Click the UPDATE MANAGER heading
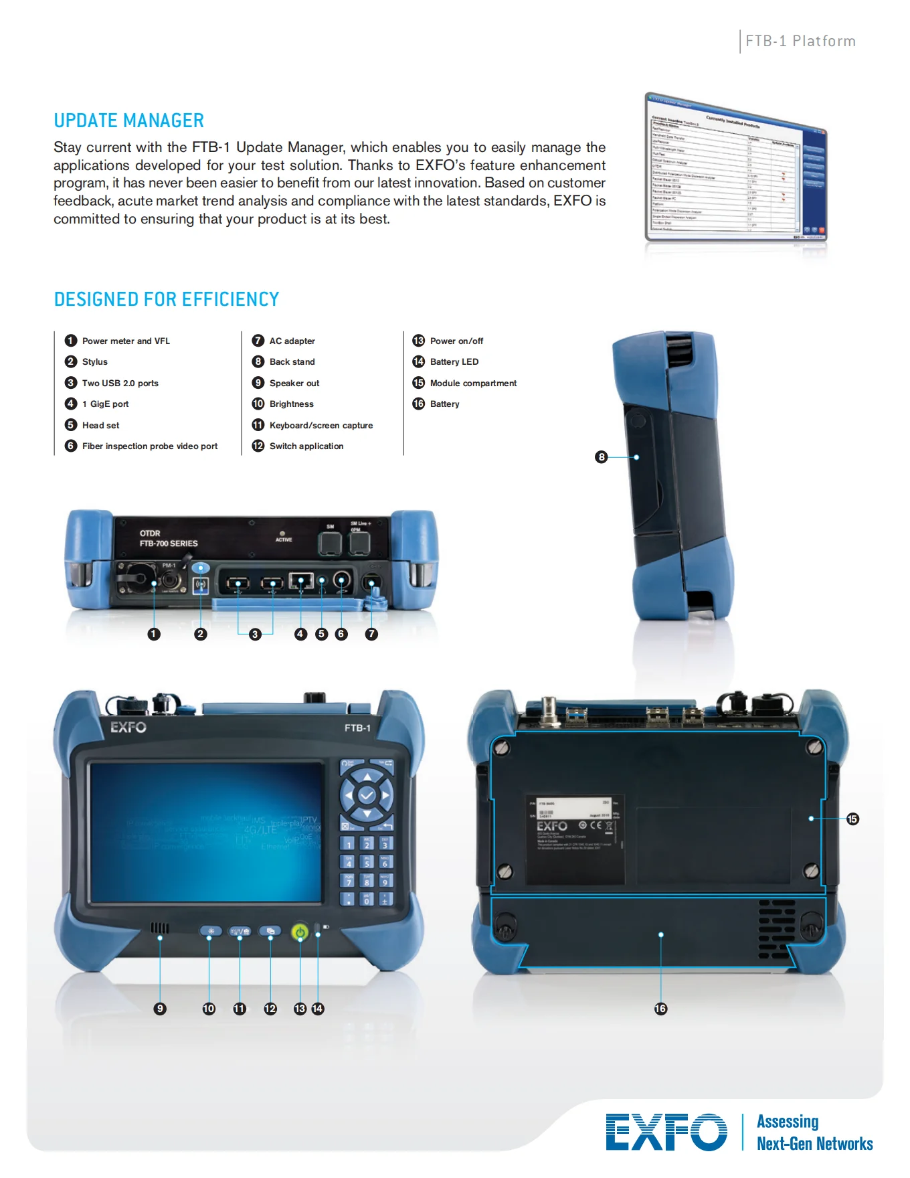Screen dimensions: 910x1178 point(128,120)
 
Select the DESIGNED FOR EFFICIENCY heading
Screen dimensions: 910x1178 point(166,299)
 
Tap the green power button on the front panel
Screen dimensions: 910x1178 point(300,932)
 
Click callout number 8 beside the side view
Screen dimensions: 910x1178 point(601,457)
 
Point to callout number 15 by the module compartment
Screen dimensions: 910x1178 point(852,819)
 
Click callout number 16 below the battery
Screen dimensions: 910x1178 point(660,1009)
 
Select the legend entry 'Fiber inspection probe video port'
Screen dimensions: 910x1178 point(149,446)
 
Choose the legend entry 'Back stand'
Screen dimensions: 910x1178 point(292,361)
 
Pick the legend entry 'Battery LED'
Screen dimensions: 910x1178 point(454,361)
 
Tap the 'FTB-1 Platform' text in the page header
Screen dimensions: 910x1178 point(800,41)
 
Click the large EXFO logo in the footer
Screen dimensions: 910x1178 point(666,1132)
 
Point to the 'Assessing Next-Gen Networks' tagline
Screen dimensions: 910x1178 point(814,1132)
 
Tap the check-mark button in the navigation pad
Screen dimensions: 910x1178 point(367,795)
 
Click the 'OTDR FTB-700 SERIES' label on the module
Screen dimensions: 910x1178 point(168,539)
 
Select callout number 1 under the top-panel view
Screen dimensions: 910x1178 point(154,634)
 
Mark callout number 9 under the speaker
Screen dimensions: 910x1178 point(159,1009)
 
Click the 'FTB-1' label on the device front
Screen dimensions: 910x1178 point(357,728)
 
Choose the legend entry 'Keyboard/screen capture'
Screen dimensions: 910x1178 point(321,425)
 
